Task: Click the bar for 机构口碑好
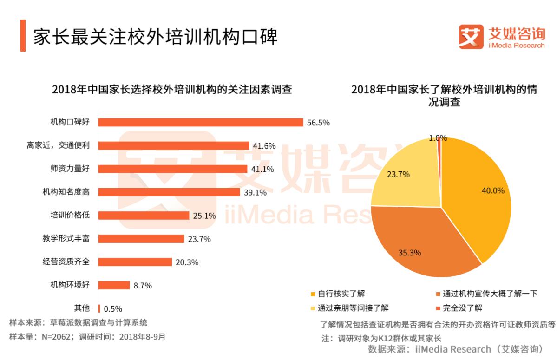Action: pos(201,122)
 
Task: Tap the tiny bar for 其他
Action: pos(99,308)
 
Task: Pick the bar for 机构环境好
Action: pos(114,285)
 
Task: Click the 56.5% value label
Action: pos(318,123)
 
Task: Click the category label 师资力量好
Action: pos(70,169)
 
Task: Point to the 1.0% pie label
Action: pos(438,138)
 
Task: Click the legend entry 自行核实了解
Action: pos(338,294)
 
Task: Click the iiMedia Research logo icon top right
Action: pos(471,36)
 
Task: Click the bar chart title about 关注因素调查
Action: pos(172,89)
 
